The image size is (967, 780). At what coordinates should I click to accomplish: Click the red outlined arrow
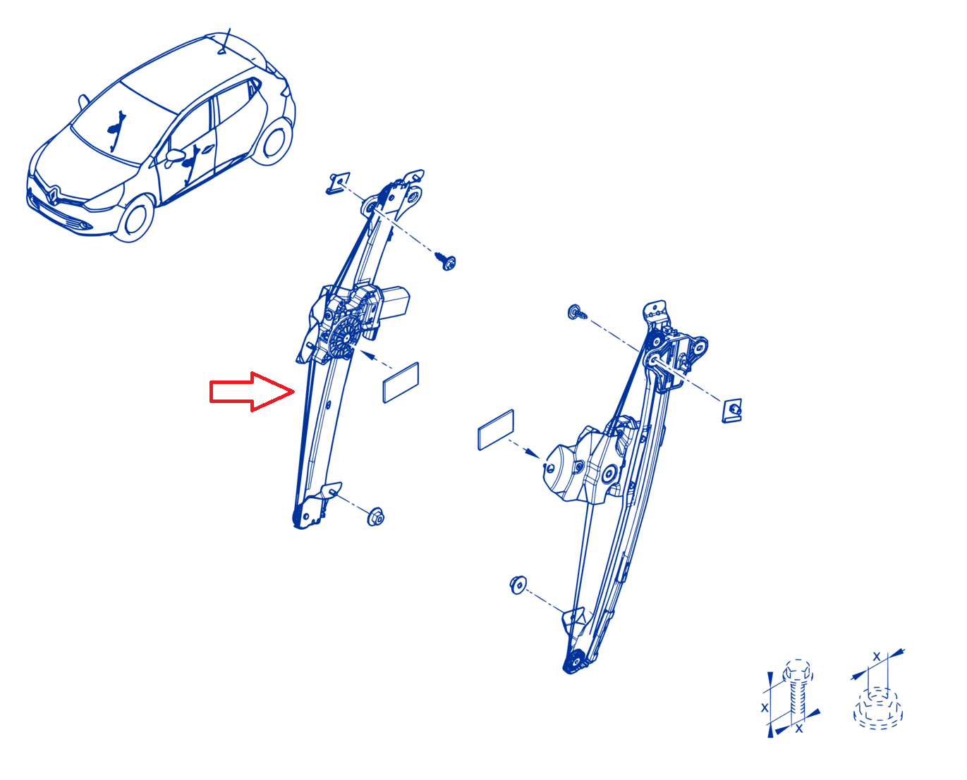252,392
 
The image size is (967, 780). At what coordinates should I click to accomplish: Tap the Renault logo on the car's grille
53,195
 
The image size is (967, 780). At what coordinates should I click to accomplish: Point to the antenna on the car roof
225,42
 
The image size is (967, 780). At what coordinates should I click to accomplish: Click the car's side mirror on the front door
175,156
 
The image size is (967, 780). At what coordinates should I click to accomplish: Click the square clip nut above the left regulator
338,182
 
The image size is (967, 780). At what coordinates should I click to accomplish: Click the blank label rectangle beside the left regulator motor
401,383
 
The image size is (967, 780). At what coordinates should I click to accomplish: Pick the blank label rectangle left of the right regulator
496,430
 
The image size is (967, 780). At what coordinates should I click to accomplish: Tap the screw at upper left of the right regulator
577,312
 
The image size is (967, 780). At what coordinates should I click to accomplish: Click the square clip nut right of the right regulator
732,411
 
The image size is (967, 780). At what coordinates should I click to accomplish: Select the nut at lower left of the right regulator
518,585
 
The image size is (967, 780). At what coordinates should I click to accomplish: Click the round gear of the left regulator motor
344,338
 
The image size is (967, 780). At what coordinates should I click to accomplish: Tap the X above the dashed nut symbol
877,657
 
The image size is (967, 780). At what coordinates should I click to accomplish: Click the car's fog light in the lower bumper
83,225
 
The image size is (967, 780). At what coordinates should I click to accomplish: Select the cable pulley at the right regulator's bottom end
576,662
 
